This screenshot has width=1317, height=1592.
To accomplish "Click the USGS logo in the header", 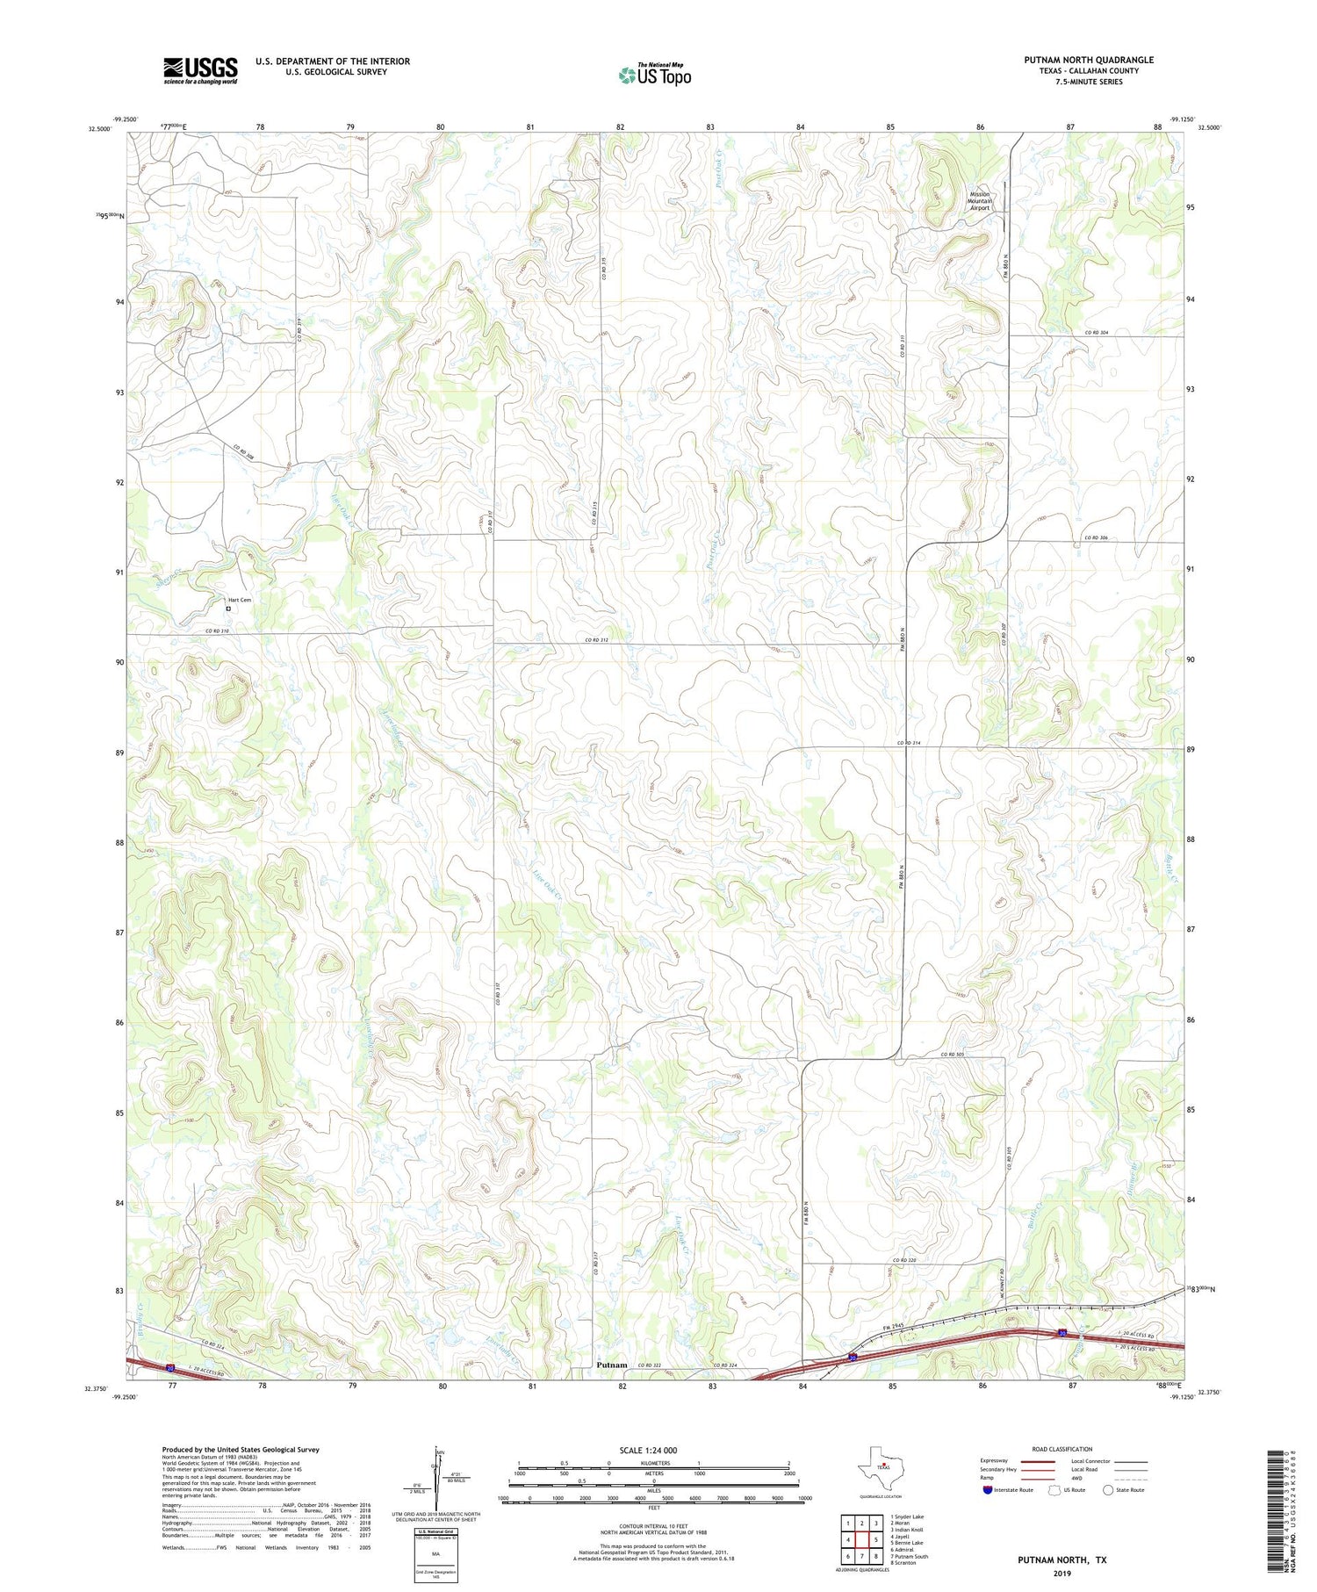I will pyautogui.click(x=200, y=70).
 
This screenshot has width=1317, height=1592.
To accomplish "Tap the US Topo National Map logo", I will pyautogui.click(x=655, y=75).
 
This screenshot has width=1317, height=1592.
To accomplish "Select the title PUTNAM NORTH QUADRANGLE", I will pyautogui.click(x=1089, y=60).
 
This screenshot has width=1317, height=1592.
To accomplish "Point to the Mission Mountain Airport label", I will pyautogui.click(x=979, y=201).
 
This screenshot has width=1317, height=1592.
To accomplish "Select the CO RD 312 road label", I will pyautogui.click(x=597, y=640).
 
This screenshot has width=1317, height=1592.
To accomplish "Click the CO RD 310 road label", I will pyautogui.click(x=218, y=630).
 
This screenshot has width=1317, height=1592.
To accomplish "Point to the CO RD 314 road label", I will pyautogui.click(x=909, y=744).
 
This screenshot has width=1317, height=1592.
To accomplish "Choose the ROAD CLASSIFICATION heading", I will pyautogui.click(x=1062, y=1450).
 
